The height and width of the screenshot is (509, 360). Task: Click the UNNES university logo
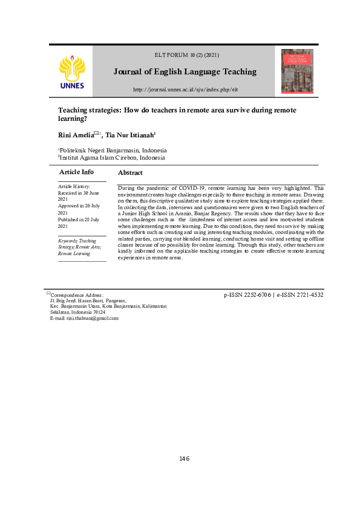pos(72,71)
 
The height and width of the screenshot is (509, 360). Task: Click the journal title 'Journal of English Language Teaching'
pos(185,72)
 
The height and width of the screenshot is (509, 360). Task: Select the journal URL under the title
pos(185,90)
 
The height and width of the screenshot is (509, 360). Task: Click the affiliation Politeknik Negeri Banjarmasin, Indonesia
pos(113,151)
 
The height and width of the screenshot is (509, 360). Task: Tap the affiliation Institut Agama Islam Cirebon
pos(111,158)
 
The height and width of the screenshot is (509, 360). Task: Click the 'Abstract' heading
pos(130,173)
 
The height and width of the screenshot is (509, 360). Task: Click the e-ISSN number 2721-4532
pos(305,296)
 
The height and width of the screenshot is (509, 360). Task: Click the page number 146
pos(185,459)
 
